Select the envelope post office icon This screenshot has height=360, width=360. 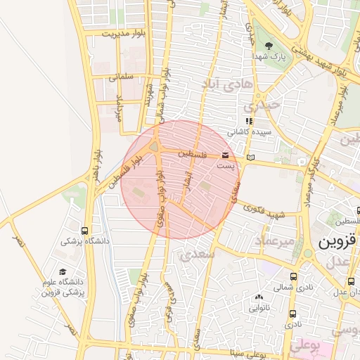click(x=225, y=155)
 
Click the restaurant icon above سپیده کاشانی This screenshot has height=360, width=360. click(x=248, y=121)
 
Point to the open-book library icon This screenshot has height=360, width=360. click(x=251, y=156)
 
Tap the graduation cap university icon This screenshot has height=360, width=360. click(x=63, y=271)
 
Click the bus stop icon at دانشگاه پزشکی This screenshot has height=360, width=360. click(x=85, y=231)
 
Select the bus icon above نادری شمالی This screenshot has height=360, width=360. click(x=293, y=276)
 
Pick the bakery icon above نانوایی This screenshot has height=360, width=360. click(x=259, y=297)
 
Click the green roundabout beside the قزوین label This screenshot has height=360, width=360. click(x=307, y=253)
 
